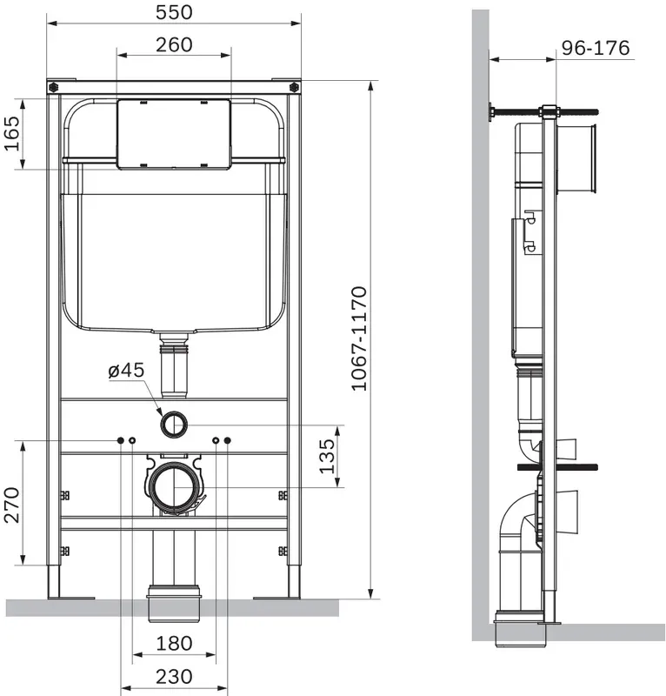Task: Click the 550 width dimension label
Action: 174,12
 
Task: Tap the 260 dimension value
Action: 174,45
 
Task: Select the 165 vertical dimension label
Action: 11,134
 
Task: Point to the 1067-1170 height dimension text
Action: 359,339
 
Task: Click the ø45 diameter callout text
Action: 126,370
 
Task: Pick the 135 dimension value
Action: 327,456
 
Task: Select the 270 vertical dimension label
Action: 11,505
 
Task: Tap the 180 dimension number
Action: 174,643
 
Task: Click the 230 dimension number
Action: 174,677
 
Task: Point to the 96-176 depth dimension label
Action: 596,48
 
